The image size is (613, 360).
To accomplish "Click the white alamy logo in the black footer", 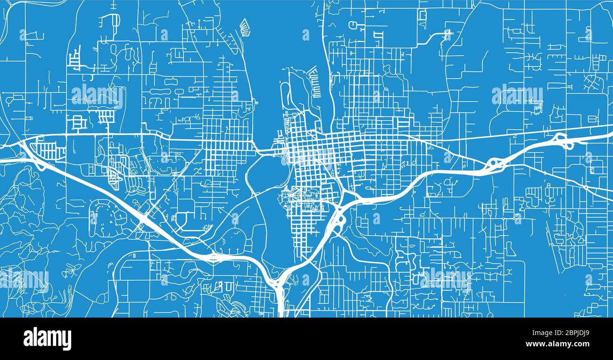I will tap(47, 338).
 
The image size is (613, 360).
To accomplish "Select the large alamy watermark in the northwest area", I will tap(98, 96).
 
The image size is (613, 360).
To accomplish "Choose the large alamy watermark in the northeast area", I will tap(517, 96).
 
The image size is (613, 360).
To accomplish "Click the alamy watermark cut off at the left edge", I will tap(24, 279).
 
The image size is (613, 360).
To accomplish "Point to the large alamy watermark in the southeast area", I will tap(446, 279).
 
